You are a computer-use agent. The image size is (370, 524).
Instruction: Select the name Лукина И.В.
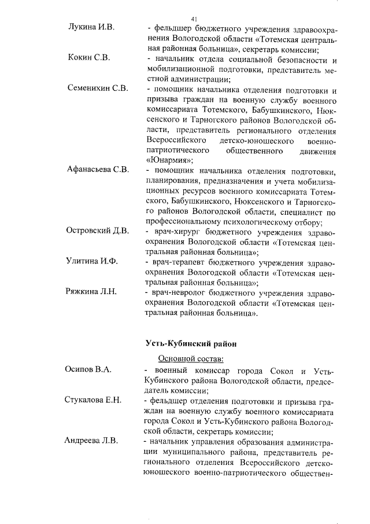(x=91, y=28)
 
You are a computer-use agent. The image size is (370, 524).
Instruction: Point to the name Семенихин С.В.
(x=98, y=90)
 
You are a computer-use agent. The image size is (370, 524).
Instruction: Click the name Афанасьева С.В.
(x=99, y=171)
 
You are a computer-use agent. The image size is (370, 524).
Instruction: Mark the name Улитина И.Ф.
(x=92, y=262)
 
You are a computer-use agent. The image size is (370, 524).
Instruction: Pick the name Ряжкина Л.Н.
(x=92, y=292)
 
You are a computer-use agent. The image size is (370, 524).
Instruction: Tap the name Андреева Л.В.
(x=91, y=442)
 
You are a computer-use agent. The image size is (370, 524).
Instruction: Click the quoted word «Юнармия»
(x=168, y=160)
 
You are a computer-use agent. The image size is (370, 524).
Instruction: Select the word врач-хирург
(x=176, y=231)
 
